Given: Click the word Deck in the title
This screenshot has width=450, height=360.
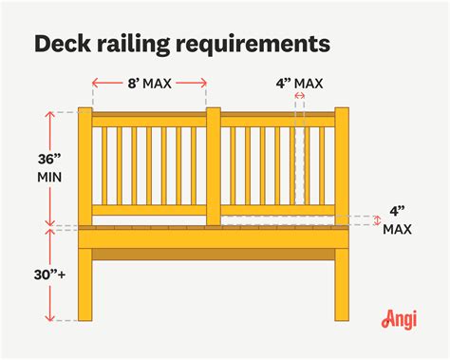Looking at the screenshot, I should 62,44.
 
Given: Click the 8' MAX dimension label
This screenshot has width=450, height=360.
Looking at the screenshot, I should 149,84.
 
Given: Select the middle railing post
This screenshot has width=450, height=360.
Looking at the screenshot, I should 214,168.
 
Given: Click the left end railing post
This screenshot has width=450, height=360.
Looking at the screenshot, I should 85,168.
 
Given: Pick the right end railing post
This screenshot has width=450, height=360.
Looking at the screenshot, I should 342,168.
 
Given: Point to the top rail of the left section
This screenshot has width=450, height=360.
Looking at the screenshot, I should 149,121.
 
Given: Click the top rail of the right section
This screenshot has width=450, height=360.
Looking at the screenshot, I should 278,121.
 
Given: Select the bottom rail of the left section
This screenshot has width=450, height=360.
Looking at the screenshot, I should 149,210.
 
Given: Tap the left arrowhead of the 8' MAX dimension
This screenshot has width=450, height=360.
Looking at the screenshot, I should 95,84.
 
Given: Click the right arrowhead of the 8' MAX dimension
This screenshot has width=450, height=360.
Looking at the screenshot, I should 205,84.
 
